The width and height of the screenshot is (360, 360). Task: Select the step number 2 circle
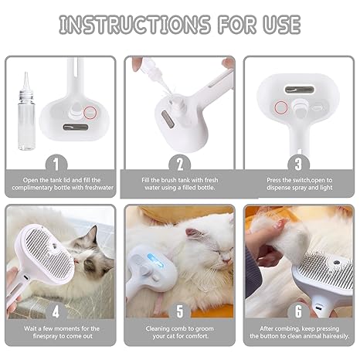pos(179,163)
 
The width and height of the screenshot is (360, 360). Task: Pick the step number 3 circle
pos(298,163)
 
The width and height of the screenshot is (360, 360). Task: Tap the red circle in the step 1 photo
pos(90,112)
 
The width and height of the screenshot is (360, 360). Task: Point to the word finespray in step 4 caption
pos(44,338)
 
